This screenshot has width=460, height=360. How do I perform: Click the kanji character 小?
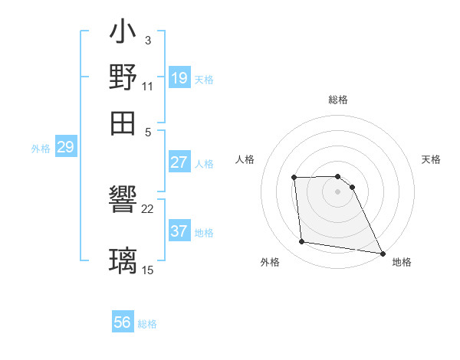click(x=123, y=34)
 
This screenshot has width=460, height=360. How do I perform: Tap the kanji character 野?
click(x=123, y=77)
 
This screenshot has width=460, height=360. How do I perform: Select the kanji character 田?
click(x=123, y=122)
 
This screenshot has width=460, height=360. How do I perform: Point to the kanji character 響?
click(x=123, y=200)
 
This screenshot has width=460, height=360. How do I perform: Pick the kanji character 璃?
click(x=123, y=260)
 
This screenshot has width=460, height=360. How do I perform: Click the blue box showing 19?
click(x=179, y=77)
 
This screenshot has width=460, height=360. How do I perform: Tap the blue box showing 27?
click(x=179, y=162)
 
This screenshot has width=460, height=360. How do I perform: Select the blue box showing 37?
click(x=179, y=231)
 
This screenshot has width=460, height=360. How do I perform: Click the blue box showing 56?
click(x=123, y=322)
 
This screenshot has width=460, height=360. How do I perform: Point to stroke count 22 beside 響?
click(x=148, y=208)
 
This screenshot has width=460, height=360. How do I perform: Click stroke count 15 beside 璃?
click(x=148, y=270)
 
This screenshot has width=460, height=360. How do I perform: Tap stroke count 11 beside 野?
click(x=148, y=87)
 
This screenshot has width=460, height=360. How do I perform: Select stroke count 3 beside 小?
click(x=147, y=40)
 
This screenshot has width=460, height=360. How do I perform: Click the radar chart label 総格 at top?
click(x=337, y=100)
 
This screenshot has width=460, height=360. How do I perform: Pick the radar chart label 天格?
click(x=432, y=159)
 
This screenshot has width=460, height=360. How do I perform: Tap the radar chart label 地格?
click(x=402, y=262)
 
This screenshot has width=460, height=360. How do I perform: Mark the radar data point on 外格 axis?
click(x=302, y=242)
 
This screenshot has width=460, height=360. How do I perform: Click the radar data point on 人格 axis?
click(x=294, y=178)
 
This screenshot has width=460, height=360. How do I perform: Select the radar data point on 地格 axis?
click(x=382, y=253)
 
